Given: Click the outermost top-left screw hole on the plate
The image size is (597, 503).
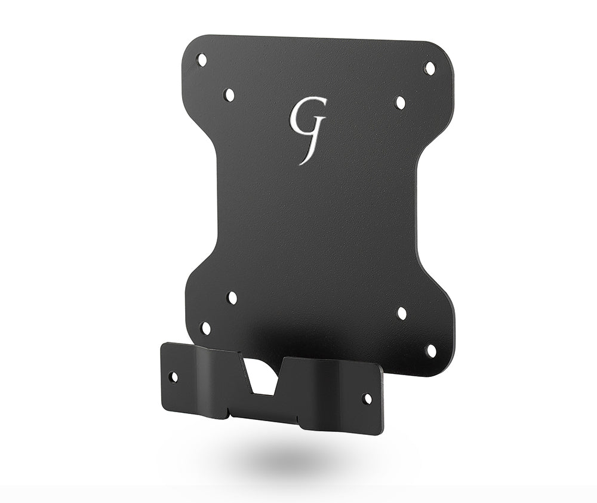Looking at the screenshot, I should point(202,60).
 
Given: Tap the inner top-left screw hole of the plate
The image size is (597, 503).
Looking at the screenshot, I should point(228,95).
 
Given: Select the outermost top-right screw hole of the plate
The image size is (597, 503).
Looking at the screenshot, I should point(429,68).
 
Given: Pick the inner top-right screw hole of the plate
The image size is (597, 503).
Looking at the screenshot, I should point(401,103).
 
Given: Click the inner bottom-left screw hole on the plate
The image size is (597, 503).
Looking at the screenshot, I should point(232,297).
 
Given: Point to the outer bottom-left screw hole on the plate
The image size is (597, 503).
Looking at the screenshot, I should point(205,328).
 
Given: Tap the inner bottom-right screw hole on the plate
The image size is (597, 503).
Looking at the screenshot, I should point(402,313).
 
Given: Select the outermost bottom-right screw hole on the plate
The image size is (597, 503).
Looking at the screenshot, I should point(430,350).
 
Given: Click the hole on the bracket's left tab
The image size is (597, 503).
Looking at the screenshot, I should point(173,377).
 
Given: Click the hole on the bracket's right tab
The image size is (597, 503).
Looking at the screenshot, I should point(367,398).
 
